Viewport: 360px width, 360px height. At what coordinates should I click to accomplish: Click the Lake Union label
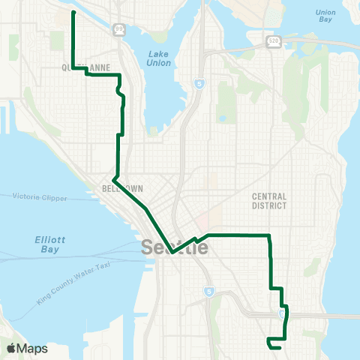click(x=159, y=58)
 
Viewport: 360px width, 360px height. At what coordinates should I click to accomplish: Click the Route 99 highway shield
click(x=119, y=28)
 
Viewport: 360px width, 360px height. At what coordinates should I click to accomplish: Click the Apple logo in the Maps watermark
click(x=11, y=348)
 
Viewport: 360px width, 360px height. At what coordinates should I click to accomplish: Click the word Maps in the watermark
click(x=32, y=348)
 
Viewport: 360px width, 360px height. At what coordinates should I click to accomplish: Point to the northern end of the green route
click(x=73, y=13)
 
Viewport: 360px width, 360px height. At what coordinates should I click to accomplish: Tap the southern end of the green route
click(x=279, y=347)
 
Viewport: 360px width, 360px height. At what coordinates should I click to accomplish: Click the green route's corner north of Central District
click(x=268, y=235)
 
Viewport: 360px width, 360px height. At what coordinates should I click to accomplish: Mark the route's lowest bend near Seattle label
click(x=172, y=253)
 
